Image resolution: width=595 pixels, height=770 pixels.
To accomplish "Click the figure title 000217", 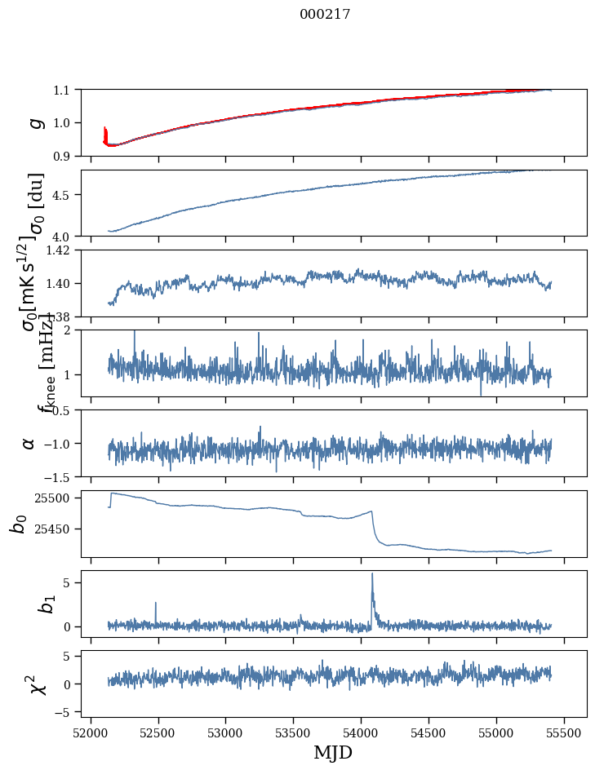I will click(x=325, y=14).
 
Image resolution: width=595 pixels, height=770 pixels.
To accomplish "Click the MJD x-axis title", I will click(x=333, y=752).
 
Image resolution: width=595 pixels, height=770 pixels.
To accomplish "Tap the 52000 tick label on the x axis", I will click(x=91, y=731).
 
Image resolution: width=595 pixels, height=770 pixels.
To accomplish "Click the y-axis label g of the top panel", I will click(x=36, y=122).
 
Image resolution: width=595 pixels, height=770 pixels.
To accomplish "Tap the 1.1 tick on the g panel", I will click(x=63, y=90).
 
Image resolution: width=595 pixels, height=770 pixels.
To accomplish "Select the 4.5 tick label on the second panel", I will click(x=63, y=195).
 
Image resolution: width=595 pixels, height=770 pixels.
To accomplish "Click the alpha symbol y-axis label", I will click(x=29, y=443).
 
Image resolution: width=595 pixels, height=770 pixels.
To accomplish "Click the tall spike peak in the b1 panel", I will click(x=372, y=573).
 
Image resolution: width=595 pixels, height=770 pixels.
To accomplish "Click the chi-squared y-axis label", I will click(x=38, y=684).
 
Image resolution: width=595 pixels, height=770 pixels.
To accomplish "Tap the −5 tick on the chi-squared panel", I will click(x=63, y=711).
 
